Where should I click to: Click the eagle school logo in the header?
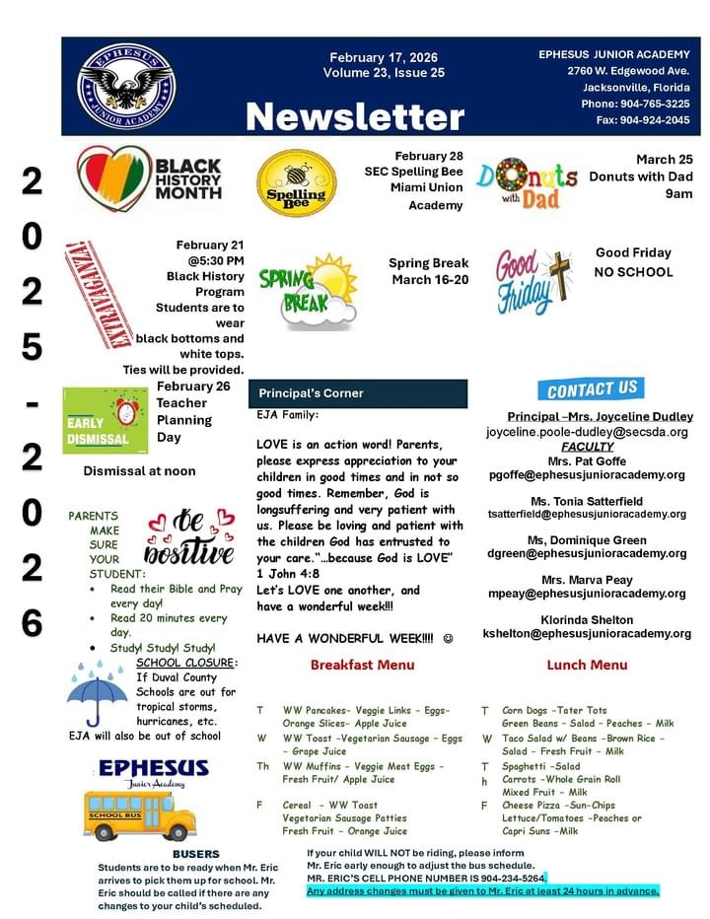point(126,87)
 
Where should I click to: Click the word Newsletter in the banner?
point(354,116)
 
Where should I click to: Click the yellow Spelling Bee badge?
point(296,183)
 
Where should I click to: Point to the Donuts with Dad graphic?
point(528,181)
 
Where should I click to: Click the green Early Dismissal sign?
point(105,419)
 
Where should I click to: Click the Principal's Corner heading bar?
point(357,393)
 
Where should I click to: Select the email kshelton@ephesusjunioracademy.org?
point(587,634)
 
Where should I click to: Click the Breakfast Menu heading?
point(362,665)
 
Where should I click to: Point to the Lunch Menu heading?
point(587,665)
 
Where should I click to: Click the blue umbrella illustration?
point(98,689)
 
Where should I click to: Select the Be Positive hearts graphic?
point(189,536)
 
